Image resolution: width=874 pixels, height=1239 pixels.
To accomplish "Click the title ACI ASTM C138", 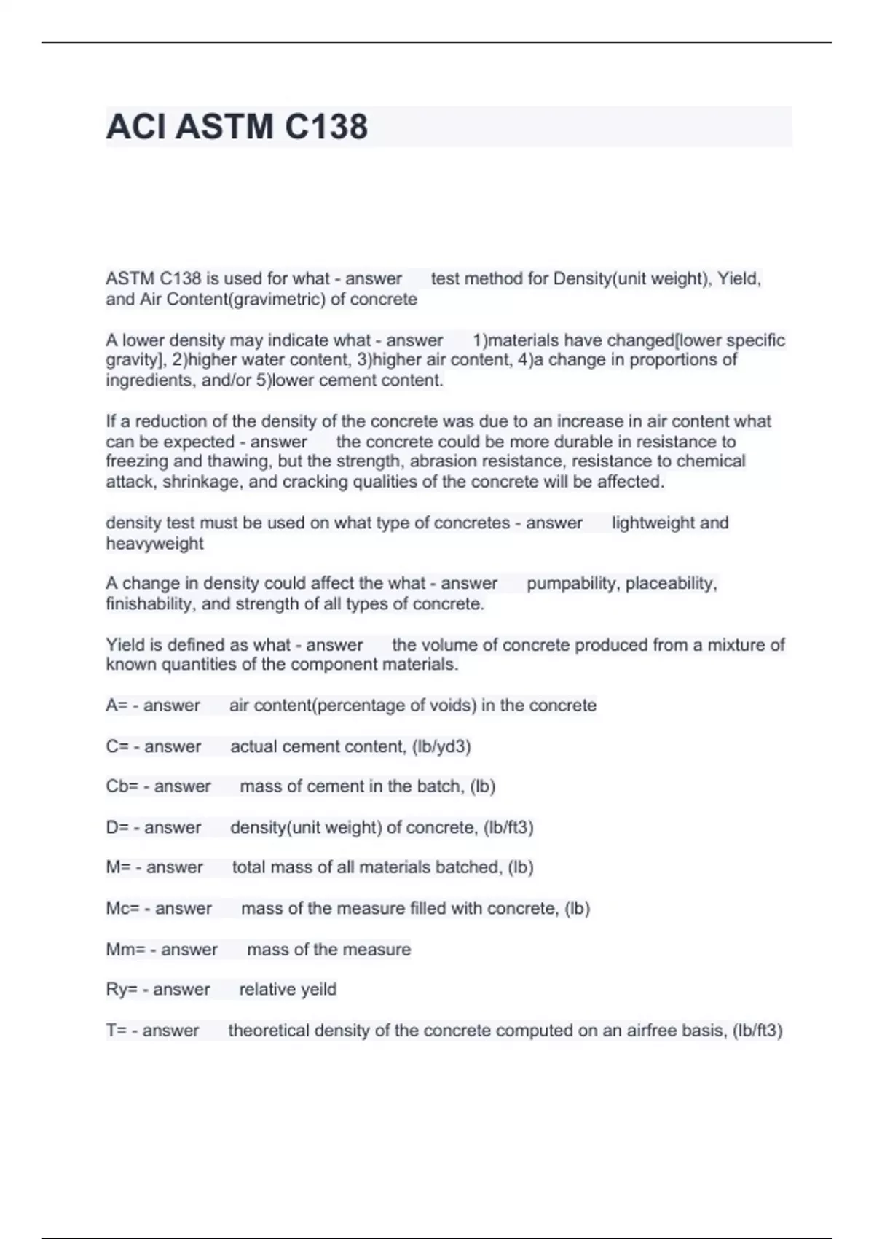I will [237, 127].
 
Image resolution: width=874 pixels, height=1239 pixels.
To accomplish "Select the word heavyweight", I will [154, 544].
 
